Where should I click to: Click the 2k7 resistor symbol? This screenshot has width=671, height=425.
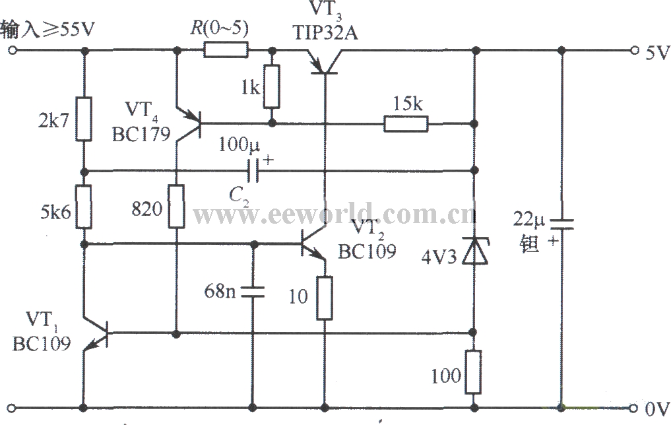[x=84, y=119]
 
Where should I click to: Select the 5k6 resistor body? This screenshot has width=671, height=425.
[x=84, y=206]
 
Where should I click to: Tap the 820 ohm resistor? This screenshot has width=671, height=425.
[x=176, y=206]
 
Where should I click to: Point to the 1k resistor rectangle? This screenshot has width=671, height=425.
[x=271, y=86]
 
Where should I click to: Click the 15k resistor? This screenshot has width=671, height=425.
[x=406, y=123]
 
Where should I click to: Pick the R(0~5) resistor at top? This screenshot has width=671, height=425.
[x=226, y=49]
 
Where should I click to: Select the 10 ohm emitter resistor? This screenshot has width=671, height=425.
[x=325, y=298]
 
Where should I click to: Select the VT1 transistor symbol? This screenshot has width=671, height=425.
[x=95, y=333]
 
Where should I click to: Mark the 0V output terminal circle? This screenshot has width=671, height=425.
[x=635, y=407]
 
